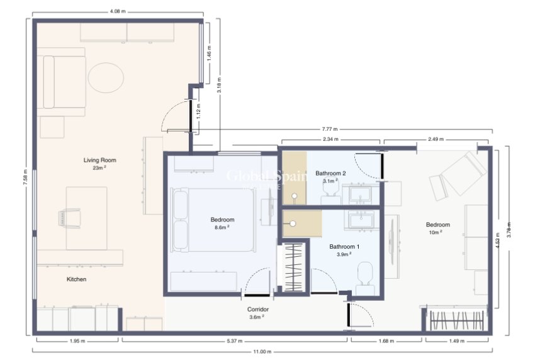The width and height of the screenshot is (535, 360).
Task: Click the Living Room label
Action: coord(99,160)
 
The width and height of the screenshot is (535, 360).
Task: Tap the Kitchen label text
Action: coord(76,279)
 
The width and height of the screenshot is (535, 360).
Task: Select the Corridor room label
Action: coord(258,310)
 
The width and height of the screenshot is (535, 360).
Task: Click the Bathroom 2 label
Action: coord(330,173)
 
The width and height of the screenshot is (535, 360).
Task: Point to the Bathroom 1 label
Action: coord(344,246)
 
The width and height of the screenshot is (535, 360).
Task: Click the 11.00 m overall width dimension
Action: coord(262,352)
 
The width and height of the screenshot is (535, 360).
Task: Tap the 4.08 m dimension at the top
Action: coord(117,11)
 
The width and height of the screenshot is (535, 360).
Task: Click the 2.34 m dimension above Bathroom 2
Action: coord(330,139)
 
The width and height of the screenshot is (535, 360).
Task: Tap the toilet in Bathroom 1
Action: coord(364,275)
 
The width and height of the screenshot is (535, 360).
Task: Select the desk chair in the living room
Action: coord(70,217)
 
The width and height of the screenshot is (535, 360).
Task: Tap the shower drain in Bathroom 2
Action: coord(293,196)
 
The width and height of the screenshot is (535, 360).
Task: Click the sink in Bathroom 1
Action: coord(361,220)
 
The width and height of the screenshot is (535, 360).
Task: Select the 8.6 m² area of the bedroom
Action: coord(222,227)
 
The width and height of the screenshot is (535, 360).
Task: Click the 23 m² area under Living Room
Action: coord(99,168)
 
